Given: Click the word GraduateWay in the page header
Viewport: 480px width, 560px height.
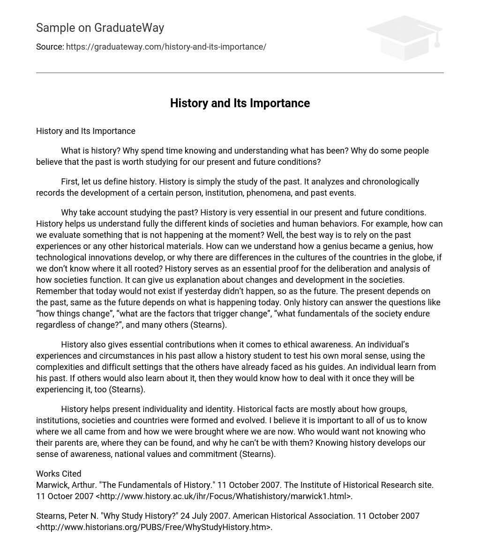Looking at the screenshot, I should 129,28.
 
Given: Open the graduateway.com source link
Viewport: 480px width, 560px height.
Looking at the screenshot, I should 166,47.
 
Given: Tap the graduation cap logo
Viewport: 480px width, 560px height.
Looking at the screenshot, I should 405,37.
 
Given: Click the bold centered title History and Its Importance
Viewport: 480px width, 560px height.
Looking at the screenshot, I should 240,103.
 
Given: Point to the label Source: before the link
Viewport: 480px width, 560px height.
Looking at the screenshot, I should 50,47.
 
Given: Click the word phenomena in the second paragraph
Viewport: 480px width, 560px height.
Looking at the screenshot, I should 247,193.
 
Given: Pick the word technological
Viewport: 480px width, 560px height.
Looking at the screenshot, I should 61,258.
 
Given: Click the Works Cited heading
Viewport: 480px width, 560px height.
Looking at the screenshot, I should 59,474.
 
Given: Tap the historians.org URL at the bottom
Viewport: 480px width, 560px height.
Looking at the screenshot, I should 154,527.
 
